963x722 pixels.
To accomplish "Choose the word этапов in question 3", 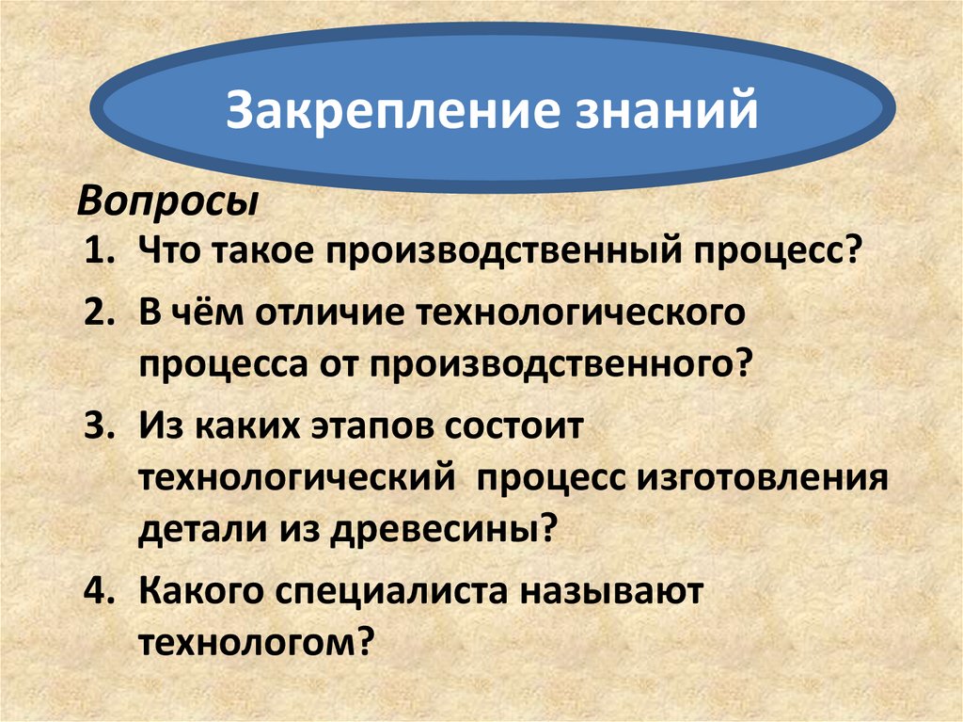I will tap(359, 425).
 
